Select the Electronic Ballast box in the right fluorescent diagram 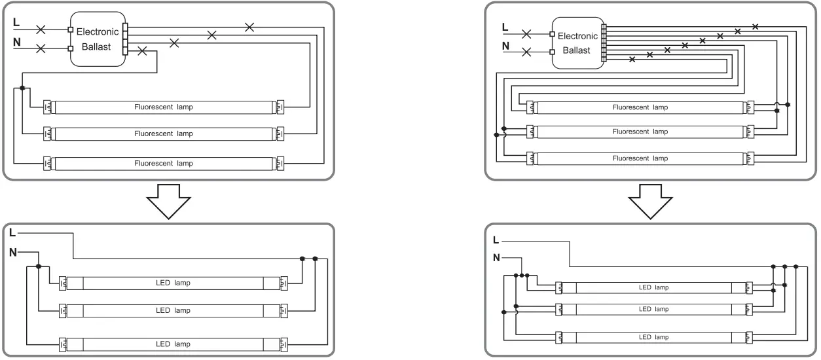(577, 43)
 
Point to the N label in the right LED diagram (497, 257)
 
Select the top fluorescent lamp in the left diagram (164, 106)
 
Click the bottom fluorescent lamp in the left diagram (164, 162)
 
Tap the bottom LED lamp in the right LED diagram (654, 337)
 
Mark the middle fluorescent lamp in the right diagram (640, 132)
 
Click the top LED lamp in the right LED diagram (654, 287)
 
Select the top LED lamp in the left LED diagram (173, 283)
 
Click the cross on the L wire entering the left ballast (41, 29)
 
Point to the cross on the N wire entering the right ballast (525, 52)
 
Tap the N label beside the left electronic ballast (16, 43)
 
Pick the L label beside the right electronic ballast (504, 27)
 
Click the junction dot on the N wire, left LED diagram (39, 266)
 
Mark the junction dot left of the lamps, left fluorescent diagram (22, 88)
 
